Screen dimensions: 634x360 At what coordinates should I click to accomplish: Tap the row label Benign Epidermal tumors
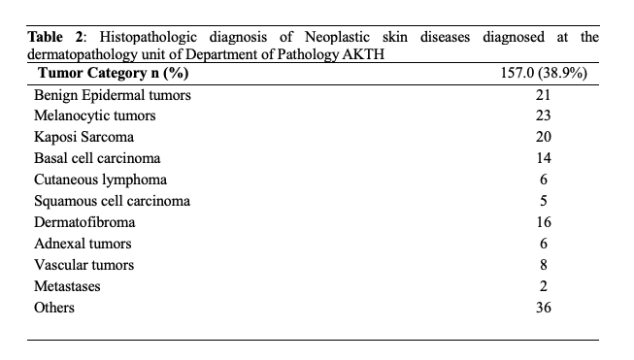(x=112, y=95)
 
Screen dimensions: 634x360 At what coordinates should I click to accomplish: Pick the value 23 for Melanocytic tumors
(x=544, y=116)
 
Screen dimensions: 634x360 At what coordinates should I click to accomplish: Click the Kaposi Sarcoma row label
(x=83, y=137)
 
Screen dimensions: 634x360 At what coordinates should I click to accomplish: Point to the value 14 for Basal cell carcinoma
(x=544, y=158)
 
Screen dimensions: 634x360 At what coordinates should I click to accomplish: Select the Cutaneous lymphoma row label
(x=100, y=180)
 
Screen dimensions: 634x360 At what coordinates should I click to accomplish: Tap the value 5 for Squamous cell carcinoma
(x=544, y=201)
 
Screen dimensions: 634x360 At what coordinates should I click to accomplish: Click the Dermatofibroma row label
(x=84, y=222)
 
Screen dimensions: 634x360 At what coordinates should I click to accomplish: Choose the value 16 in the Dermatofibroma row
(x=544, y=222)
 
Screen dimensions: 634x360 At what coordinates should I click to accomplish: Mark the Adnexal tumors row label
(x=83, y=244)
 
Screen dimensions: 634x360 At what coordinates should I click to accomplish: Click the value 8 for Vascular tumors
(x=544, y=265)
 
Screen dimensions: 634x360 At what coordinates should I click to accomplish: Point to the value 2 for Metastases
(x=544, y=286)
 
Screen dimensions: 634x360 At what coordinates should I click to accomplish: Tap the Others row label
(x=54, y=308)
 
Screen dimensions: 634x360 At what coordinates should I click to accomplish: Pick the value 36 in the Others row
(x=544, y=308)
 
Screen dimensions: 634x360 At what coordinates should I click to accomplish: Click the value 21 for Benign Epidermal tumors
(x=544, y=95)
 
